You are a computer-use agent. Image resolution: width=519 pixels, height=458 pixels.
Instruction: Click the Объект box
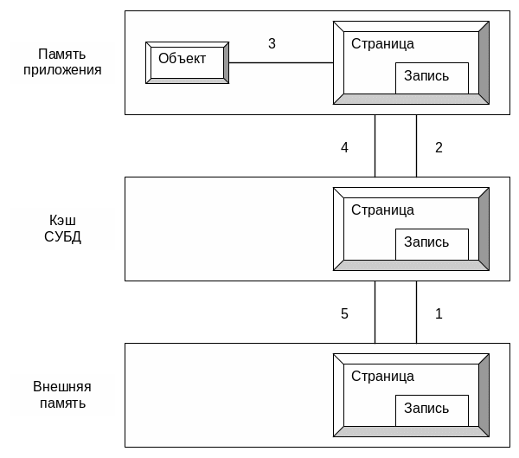pyautogui.click(x=187, y=62)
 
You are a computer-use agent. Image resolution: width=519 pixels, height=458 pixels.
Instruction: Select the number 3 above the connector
pyautogui.click(x=272, y=44)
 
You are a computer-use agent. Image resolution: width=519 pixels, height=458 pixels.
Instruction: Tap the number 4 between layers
pyautogui.click(x=344, y=147)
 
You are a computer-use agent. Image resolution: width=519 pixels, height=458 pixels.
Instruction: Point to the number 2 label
pyautogui.click(x=439, y=147)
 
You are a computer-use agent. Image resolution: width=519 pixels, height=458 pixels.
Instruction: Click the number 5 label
pyautogui.click(x=344, y=313)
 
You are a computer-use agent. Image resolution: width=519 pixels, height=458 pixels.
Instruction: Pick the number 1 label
pyautogui.click(x=439, y=313)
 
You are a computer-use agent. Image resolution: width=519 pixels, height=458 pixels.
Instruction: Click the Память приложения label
pyautogui.click(x=62, y=62)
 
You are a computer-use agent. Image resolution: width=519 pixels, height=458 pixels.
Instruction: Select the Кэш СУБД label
pyautogui.click(x=62, y=229)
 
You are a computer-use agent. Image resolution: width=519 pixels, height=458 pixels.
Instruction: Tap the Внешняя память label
pyautogui.click(x=62, y=395)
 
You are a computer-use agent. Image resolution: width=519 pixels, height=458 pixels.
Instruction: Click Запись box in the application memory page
pyautogui.click(x=432, y=78)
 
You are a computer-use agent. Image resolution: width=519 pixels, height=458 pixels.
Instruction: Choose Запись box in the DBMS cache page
pyautogui.click(x=432, y=244)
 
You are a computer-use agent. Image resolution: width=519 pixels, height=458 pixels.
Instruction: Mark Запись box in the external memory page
pyautogui.click(x=432, y=410)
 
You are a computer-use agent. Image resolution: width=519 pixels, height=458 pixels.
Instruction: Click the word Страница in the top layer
pyautogui.click(x=382, y=44)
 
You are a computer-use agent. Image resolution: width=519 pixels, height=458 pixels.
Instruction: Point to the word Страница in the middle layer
pyautogui.click(x=382, y=210)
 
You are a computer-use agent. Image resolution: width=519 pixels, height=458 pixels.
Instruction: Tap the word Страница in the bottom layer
pyautogui.click(x=382, y=377)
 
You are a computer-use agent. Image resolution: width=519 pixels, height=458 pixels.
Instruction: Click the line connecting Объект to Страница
pyautogui.click(x=281, y=62)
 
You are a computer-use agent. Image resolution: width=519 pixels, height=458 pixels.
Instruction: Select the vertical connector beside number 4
pyautogui.click(x=375, y=145)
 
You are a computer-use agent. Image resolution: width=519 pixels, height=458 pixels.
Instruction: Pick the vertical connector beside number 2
pyautogui.click(x=416, y=145)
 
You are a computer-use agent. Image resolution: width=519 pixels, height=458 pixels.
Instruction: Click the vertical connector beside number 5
pyautogui.click(x=375, y=312)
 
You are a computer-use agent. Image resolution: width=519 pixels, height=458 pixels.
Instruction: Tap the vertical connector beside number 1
pyautogui.click(x=416, y=312)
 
